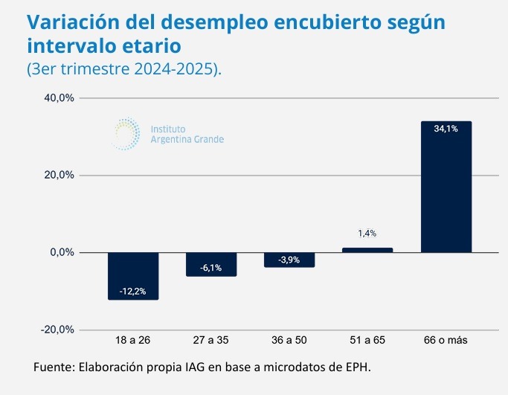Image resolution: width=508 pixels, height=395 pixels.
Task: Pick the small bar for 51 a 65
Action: [x=367, y=250]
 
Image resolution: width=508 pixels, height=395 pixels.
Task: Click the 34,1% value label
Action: [x=446, y=129]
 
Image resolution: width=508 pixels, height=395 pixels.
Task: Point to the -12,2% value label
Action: [x=133, y=289]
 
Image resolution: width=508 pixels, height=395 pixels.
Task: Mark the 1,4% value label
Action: [x=367, y=234]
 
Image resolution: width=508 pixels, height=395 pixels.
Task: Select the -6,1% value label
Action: [x=211, y=268]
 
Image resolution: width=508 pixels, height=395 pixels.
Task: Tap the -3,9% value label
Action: [x=289, y=260]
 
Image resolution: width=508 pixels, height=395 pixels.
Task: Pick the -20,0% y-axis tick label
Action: [x=59, y=330]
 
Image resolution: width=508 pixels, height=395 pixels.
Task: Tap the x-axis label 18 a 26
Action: [x=133, y=341]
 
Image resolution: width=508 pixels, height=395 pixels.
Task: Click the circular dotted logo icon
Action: [x=126, y=132]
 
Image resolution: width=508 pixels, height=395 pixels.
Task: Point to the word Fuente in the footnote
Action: [x=55, y=367]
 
